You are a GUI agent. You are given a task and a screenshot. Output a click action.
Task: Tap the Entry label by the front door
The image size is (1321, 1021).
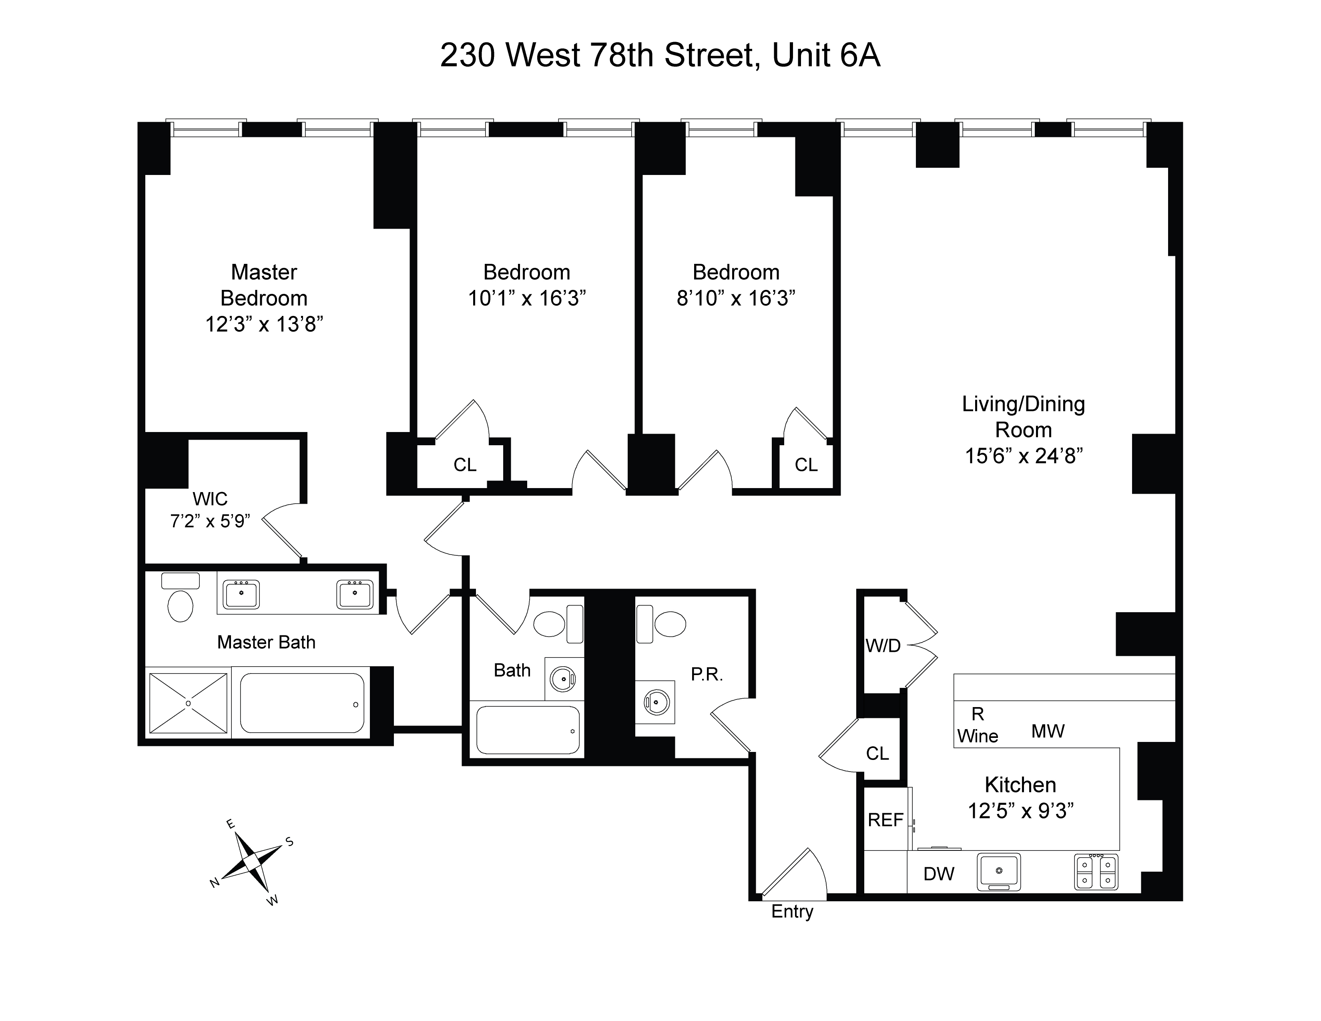(x=792, y=912)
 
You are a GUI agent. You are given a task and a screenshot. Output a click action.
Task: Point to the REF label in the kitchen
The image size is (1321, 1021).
(x=885, y=820)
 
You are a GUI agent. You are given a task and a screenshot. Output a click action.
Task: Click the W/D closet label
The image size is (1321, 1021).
(x=883, y=646)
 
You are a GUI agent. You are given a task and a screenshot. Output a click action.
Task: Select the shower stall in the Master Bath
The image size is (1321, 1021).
(x=188, y=703)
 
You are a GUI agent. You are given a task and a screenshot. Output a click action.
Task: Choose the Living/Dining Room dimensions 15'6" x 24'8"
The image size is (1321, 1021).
(x=1024, y=456)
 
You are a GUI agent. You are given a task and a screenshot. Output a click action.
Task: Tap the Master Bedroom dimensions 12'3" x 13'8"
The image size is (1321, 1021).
(x=264, y=325)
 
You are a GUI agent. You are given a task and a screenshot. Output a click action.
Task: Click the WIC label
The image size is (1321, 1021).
(x=210, y=499)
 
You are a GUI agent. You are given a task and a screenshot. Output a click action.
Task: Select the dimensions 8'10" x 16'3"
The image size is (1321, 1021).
(x=735, y=298)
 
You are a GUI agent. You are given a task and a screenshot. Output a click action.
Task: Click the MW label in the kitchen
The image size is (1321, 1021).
(x=1048, y=731)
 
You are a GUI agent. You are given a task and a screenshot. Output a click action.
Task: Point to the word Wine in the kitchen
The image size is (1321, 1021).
(x=978, y=737)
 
